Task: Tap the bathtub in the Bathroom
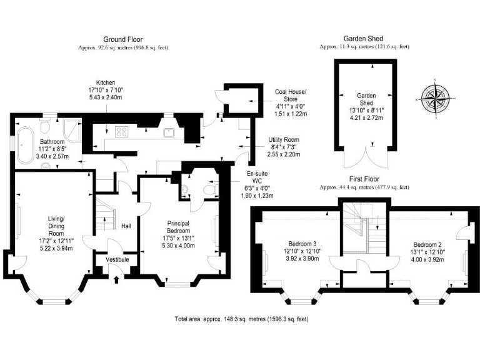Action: pos(26,146)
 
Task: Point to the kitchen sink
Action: pos(168,132)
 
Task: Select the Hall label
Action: pos(126,226)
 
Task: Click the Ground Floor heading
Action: pos(123,39)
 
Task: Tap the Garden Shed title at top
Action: pos(363,39)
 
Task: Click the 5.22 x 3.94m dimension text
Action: pos(52,248)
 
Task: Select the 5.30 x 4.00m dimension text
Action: pos(177,245)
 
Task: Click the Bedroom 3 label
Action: pos(302,243)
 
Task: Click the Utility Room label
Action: pos(284,139)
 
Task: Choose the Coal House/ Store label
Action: pos(291,94)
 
